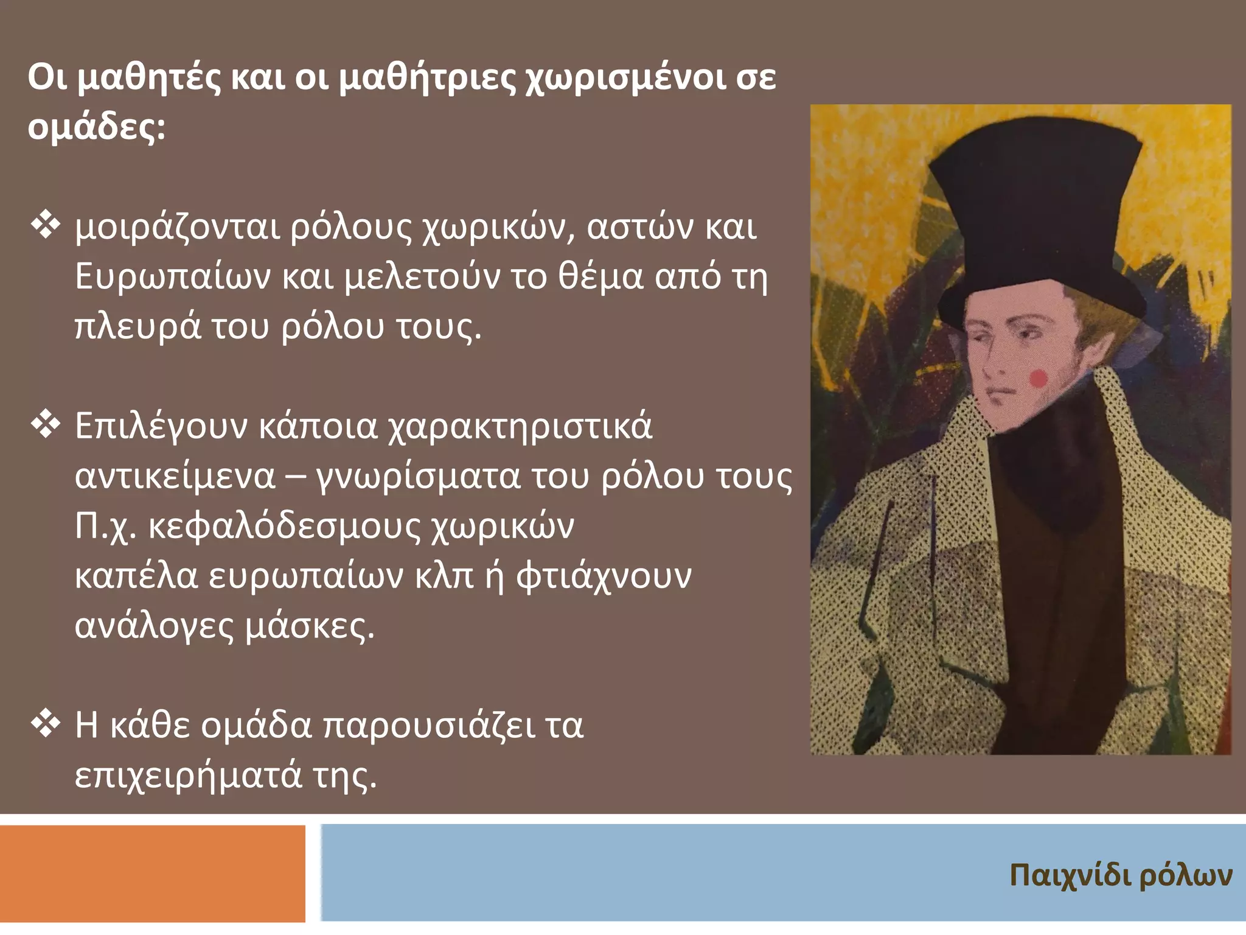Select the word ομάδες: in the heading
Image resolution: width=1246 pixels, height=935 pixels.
pyautogui.click(x=96, y=128)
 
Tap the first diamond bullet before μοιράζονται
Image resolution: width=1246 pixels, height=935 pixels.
pyautogui.click(x=46, y=226)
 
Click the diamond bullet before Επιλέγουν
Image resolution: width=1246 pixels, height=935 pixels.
pyautogui.click(x=46, y=425)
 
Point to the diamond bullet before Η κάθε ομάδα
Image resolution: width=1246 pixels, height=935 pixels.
pyautogui.click(x=46, y=724)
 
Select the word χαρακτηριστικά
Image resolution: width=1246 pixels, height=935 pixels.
pyautogui.click(x=520, y=426)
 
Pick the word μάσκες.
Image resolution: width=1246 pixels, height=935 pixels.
pyautogui.click(x=309, y=626)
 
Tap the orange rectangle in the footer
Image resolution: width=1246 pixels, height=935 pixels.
pyautogui.click(x=152, y=873)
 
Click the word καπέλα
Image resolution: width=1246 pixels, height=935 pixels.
pyautogui.click(x=136, y=576)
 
